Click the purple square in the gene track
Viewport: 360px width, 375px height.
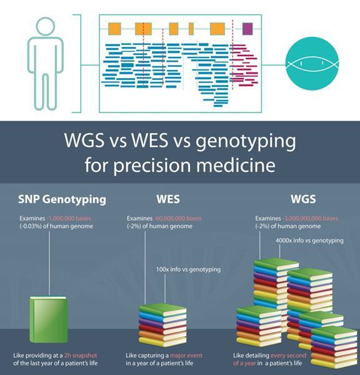click(x=247, y=29)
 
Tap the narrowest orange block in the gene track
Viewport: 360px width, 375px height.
click(x=191, y=29)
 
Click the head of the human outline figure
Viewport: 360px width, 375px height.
click(x=46, y=26)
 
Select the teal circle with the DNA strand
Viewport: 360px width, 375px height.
click(x=312, y=63)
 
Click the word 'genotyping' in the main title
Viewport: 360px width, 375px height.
click(x=246, y=141)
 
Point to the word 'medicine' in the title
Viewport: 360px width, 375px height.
click(x=236, y=165)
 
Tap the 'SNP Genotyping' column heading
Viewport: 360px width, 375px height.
click(x=62, y=199)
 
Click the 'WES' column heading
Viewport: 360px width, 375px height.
click(x=168, y=199)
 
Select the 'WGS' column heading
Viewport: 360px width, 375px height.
click(x=303, y=199)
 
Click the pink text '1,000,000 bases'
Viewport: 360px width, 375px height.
click(x=69, y=218)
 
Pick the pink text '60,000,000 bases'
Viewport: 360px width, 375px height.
click(x=178, y=218)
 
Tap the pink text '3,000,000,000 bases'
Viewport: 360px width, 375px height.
click(x=310, y=218)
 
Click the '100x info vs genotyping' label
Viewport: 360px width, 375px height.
click(x=189, y=269)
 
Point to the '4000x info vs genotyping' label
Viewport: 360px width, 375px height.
click(x=309, y=241)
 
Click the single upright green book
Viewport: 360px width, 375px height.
click(x=49, y=319)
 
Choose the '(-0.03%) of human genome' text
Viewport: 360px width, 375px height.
click(x=56, y=226)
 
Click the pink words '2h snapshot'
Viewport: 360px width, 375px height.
click(x=81, y=356)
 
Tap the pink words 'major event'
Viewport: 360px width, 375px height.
click(x=186, y=356)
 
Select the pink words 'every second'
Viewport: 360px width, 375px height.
click(x=288, y=356)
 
